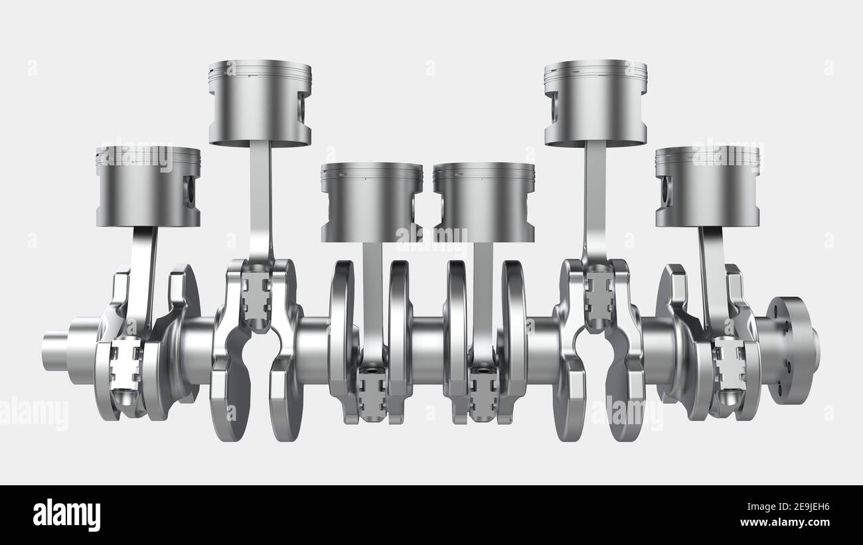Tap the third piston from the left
[371, 202]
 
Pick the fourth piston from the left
[483, 202]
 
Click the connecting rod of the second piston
[260, 199]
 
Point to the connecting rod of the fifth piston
[595, 199]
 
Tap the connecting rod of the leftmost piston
[141, 279]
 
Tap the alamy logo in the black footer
[66, 515]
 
